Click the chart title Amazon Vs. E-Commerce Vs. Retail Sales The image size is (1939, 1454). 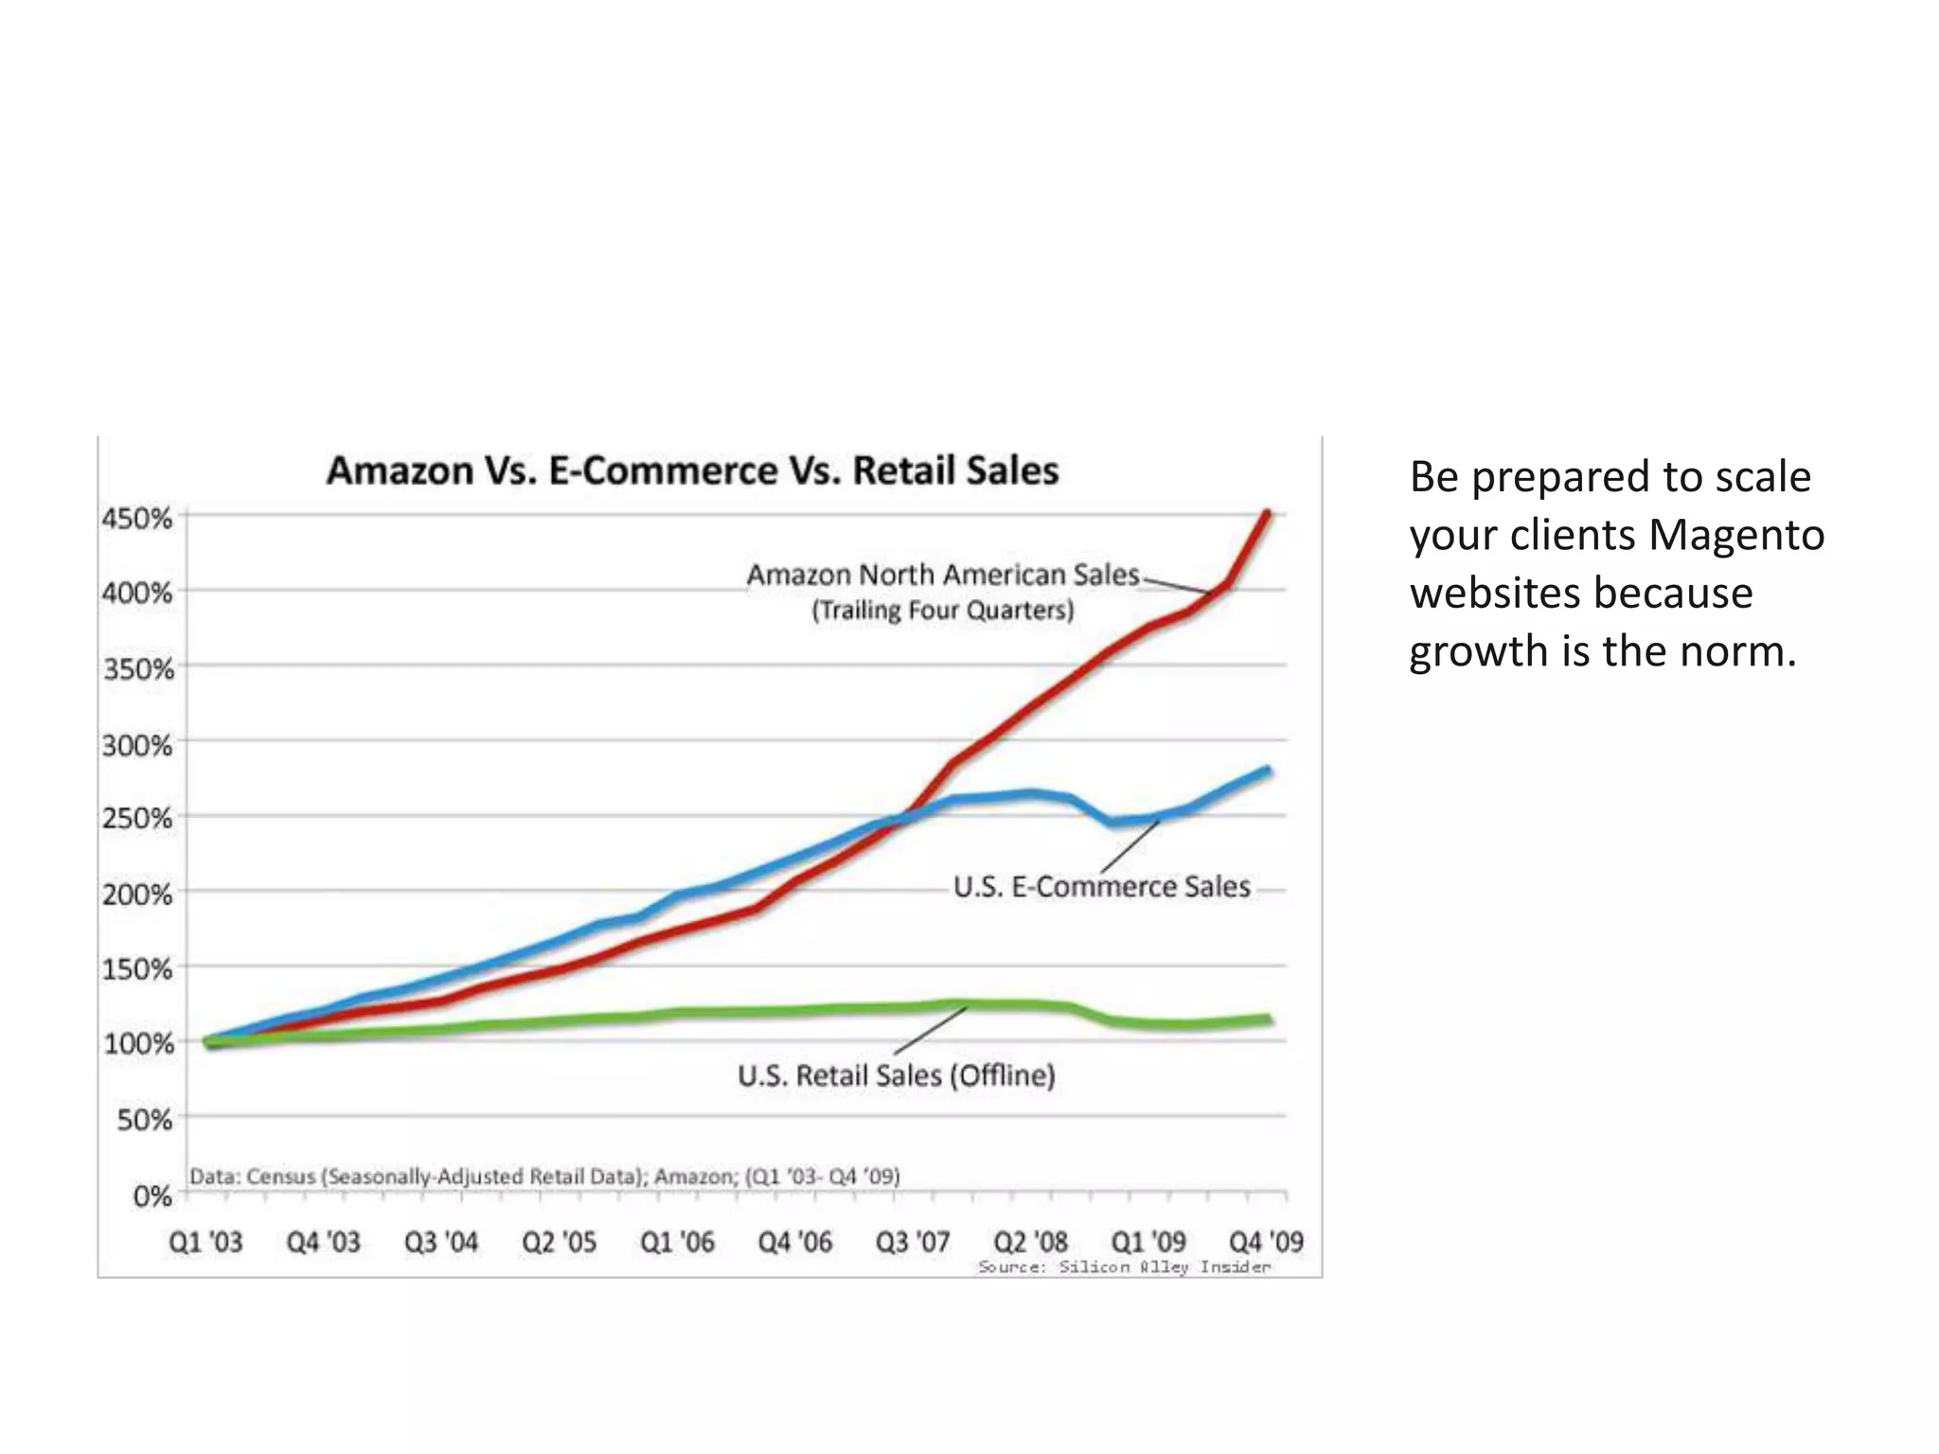692,470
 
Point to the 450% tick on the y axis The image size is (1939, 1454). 138,519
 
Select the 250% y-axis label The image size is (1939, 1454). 138,818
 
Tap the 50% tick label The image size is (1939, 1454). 145,1120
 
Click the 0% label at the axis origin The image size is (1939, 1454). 152,1197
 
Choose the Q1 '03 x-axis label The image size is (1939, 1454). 205,1242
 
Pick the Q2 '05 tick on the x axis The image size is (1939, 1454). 560,1242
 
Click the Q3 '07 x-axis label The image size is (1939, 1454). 913,1242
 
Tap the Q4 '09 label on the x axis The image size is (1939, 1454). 1266,1241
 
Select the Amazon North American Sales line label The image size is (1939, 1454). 943,575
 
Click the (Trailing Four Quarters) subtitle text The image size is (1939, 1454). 943,611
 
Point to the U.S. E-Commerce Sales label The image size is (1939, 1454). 1102,887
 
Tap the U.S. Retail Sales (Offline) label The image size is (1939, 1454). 897,1075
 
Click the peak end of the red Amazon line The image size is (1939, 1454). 1268,514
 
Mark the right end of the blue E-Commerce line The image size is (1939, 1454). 1268,771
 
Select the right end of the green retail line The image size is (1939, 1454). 1268,1020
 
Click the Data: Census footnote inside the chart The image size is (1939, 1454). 544,1177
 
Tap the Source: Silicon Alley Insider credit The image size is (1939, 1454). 1124,1268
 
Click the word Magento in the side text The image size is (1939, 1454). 1735,535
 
